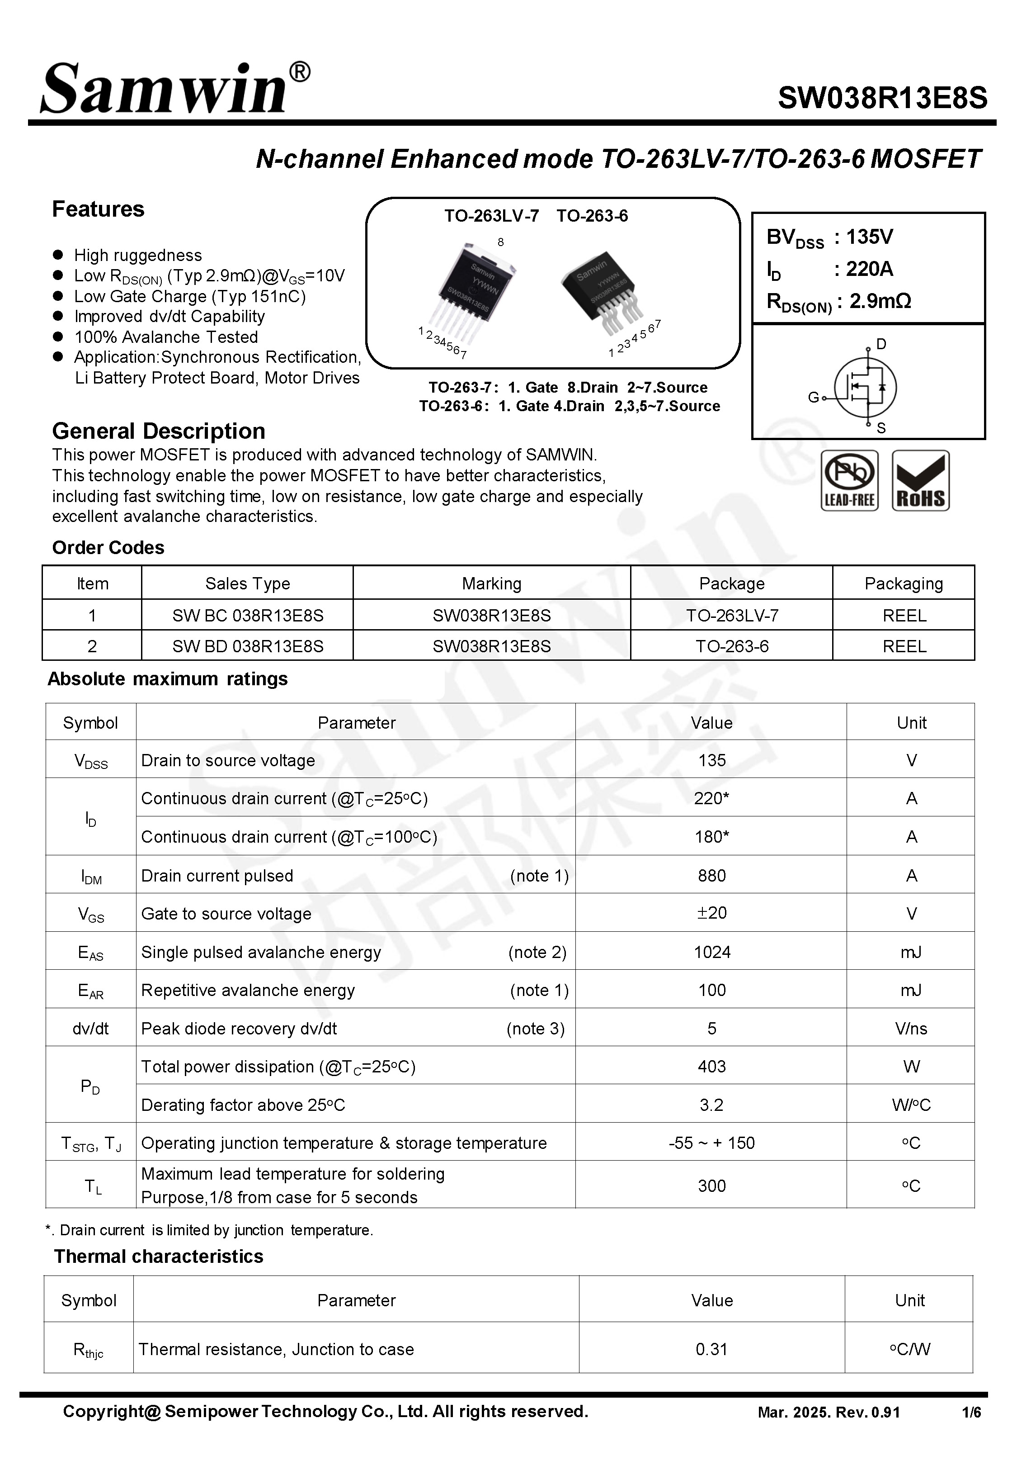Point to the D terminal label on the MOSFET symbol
click(881, 344)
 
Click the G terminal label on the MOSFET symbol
click(813, 397)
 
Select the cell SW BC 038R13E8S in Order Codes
click(247, 615)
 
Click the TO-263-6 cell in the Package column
click(731, 646)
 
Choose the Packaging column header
click(903, 583)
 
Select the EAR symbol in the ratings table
click(90, 991)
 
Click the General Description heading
click(159, 431)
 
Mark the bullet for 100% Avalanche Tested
click(58, 336)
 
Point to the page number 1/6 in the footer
click(971, 1413)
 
